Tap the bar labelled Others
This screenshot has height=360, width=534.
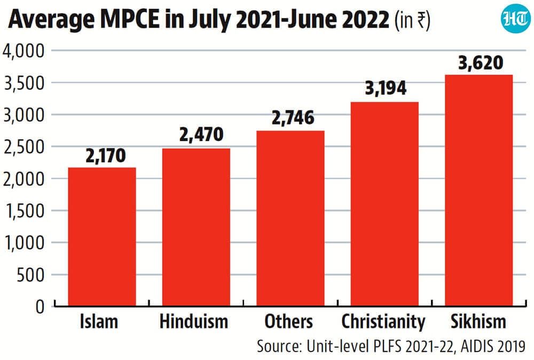(x=290, y=218)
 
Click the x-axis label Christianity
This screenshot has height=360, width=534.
(x=383, y=322)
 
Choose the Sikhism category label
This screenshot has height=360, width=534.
(x=478, y=322)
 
